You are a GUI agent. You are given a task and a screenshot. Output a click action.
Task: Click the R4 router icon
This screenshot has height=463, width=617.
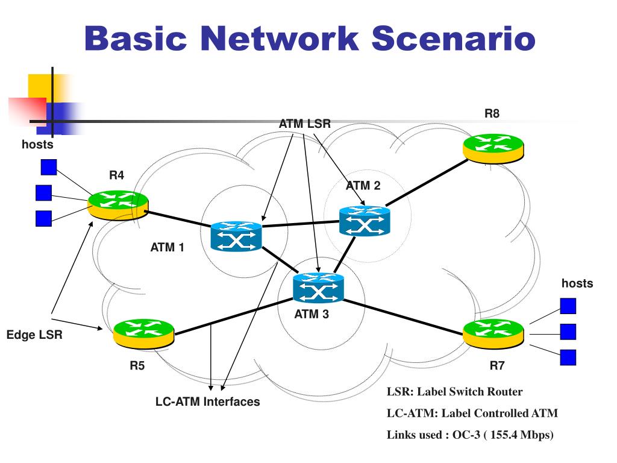[118, 204]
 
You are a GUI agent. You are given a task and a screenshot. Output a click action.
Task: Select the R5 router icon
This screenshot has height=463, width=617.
[143, 331]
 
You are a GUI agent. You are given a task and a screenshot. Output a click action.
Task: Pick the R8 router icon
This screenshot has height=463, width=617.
[493, 146]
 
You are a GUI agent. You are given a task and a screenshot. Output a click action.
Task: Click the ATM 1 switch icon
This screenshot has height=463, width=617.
[236, 237]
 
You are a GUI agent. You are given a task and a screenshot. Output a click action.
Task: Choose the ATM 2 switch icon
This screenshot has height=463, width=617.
[365, 221]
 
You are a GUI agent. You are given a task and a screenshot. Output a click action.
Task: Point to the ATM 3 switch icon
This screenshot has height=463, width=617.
[318, 288]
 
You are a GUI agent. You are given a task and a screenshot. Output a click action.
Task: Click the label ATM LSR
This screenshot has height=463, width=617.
[304, 124]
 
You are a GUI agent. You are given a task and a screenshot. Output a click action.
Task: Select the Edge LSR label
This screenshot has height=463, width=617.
[34, 335]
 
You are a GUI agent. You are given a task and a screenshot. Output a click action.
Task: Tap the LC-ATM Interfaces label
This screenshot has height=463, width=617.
[207, 402]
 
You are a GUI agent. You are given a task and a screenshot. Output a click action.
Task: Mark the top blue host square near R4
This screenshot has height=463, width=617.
[48, 166]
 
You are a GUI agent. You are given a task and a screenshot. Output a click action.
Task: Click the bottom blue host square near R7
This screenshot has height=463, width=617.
[568, 357]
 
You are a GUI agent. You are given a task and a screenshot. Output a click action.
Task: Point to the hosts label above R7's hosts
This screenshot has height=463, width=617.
[577, 283]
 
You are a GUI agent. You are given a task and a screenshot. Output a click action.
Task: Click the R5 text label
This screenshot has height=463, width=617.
[137, 365]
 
